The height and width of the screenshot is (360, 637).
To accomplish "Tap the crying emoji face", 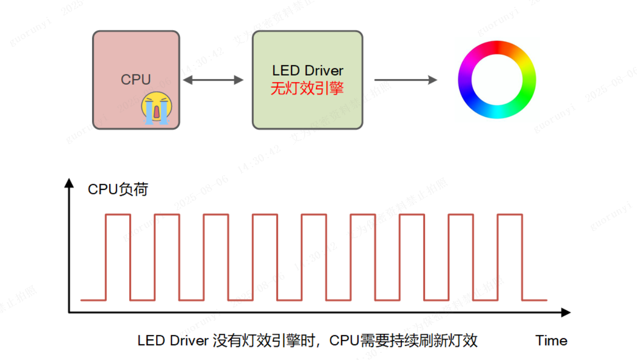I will (157, 108).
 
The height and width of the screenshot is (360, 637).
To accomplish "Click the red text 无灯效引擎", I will (307, 89).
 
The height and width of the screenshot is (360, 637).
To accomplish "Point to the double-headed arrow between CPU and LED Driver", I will (213, 80).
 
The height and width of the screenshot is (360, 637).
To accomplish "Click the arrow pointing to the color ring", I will (405, 80).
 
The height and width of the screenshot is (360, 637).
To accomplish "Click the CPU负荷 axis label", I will (118, 189).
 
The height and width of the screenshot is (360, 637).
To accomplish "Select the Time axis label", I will (551, 340).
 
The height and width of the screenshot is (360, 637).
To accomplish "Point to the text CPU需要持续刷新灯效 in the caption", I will (403, 340).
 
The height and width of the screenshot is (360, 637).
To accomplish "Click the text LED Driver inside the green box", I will (308, 70).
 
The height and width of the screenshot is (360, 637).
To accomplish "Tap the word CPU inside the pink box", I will (135, 80).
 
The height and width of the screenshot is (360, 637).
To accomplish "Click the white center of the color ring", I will (497, 80).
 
